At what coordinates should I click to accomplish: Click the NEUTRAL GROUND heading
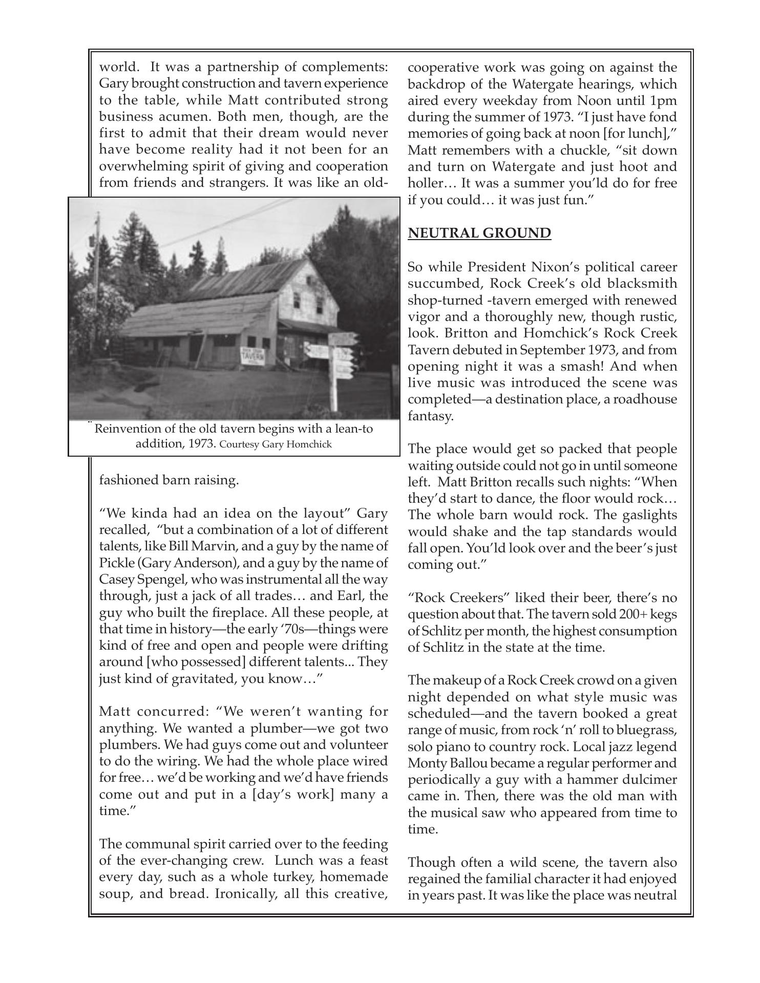pos(479,233)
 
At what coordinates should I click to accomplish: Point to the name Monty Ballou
pos(446,763)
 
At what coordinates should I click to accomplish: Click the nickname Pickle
pos(116,563)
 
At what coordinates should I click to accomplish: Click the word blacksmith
pos(640,284)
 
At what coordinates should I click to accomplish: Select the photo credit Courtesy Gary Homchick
pos(276,444)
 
